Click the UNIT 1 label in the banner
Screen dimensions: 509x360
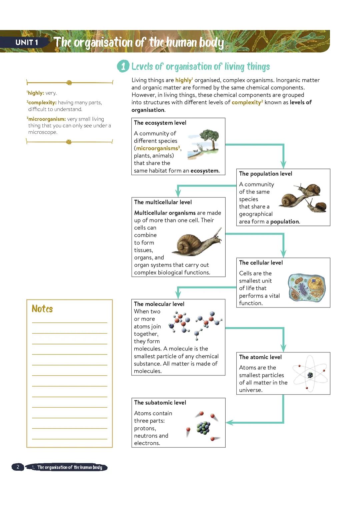tap(27, 42)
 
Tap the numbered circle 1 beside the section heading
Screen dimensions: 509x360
tap(123, 66)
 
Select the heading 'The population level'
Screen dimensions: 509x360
tap(265, 174)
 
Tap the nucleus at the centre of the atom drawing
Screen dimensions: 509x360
tap(310, 375)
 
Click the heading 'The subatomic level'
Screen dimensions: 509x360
tap(160, 402)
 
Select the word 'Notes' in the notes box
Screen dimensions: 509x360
tap(42, 309)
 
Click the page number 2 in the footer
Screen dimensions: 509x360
tap(18, 467)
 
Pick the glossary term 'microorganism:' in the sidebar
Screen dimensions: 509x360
tap(47, 119)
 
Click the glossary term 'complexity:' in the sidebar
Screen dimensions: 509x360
tap(42, 102)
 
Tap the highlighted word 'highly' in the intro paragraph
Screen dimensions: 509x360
tap(183, 80)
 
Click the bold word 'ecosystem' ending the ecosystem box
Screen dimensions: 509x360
tap(204, 171)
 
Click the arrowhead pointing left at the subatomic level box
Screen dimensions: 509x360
tap(229, 423)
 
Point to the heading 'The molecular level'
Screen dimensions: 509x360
tap(159, 304)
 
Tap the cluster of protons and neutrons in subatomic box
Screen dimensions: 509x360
tap(203, 428)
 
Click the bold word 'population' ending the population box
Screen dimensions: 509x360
tap(284, 222)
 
